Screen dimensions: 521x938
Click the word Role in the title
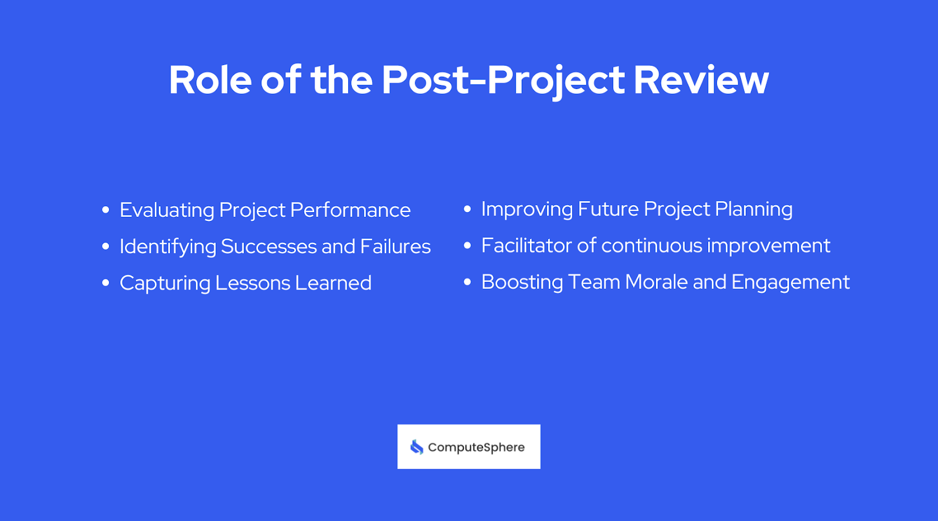210,80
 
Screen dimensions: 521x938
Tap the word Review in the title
701,80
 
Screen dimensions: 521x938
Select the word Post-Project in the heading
503,81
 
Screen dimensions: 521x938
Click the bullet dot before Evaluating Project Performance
106,210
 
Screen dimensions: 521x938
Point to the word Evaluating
166,210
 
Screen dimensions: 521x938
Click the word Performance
350,210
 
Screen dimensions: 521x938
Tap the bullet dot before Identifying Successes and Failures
106,247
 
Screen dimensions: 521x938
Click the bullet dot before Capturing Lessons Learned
106,283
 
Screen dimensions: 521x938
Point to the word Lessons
253,283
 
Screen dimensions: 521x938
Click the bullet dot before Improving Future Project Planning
467,209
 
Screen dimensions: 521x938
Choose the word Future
608,209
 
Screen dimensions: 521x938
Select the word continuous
651,246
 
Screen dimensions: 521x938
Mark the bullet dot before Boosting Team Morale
467,282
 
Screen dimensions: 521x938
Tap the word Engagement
790,282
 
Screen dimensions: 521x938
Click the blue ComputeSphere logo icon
417,447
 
